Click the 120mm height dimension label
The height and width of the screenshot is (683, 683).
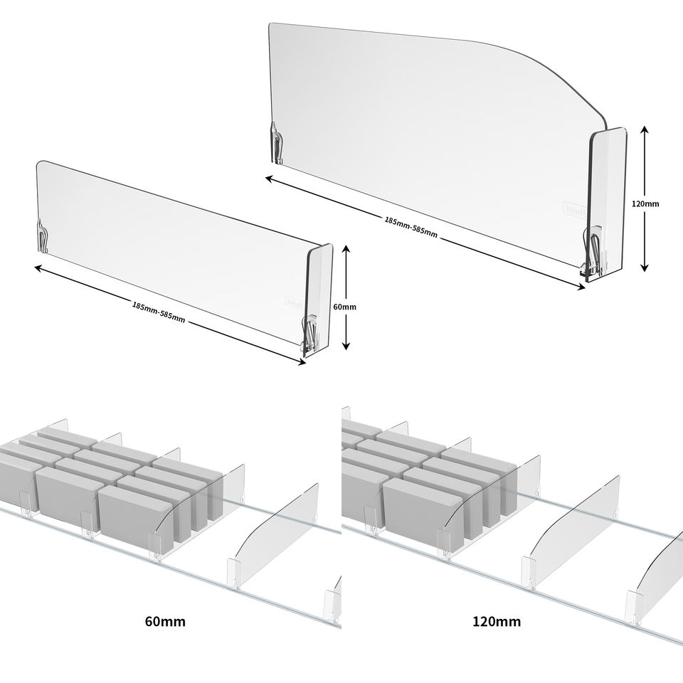pyautogui.click(x=645, y=203)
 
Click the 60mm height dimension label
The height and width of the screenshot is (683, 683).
pyautogui.click(x=344, y=307)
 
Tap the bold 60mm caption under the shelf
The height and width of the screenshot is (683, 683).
pyautogui.click(x=165, y=621)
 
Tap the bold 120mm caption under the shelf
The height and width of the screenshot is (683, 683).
pyautogui.click(x=497, y=621)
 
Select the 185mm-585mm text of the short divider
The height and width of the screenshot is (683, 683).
pyautogui.click(x=158, y=312)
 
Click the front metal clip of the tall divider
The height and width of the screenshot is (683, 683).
pyautogui.click(x=595, y=249)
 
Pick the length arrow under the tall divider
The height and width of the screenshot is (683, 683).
pyautogui.click(x=425, y=232)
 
